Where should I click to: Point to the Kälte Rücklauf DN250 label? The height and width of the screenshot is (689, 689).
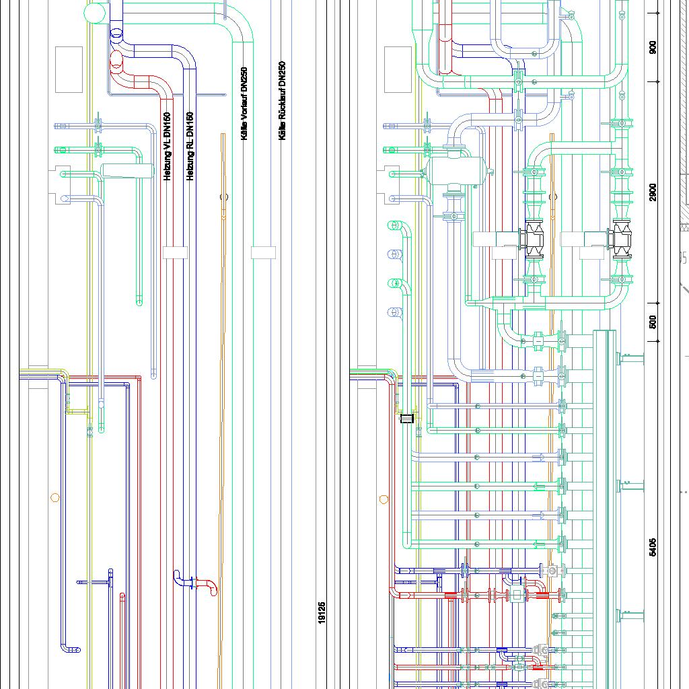point(283,101)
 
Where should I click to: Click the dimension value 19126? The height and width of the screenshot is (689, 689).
point(322,613)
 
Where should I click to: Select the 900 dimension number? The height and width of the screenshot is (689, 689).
point(653,48)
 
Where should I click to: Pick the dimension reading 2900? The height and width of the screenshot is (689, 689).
point(653,192)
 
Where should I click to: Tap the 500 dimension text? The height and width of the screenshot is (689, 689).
point(653,322)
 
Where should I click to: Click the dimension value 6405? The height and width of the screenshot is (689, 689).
point(653,546)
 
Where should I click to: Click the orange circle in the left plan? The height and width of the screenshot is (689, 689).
point(55,498)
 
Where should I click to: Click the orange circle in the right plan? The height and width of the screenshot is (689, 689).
point(384,499)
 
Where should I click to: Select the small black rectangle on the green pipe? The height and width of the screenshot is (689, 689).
point(406,419)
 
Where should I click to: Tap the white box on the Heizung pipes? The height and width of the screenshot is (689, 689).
point(174,253)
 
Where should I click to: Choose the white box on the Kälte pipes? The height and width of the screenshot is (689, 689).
point(263,253)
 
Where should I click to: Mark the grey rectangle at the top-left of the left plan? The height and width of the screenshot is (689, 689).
point(69,69)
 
